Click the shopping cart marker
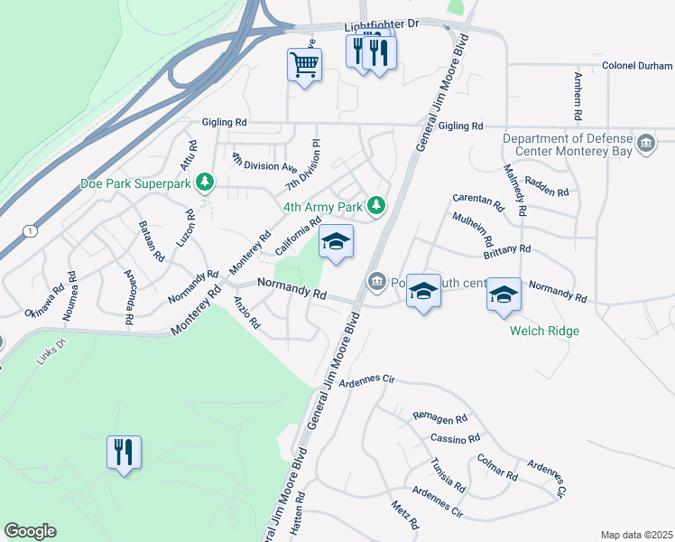[x=305, y=64]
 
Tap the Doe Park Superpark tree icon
[x=206, y=182]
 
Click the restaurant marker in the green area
[x=125, y=452]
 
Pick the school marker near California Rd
[x=336, y=242]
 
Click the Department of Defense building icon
[x=646, y=145]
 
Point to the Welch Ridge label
[x=543, y=331]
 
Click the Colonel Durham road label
[x=637, y=66]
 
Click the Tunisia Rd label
[x=448, y=475]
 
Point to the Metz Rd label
[x=405, y=516]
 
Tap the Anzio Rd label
[x=246, y=312]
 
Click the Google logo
[x=30, y=531]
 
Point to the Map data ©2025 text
[x=636, y=535]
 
